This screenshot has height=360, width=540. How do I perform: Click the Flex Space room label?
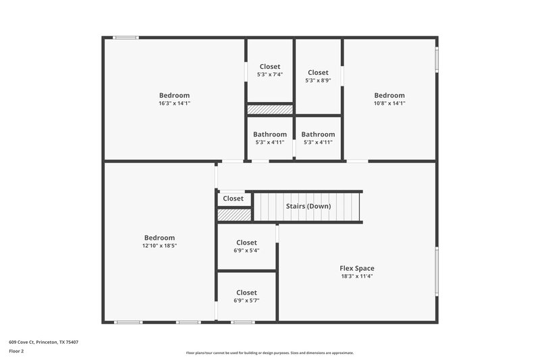[x=356, y=268]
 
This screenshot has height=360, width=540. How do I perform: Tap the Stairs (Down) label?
[x=308, y=206]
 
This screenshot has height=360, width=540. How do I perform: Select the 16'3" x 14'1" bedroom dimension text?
[x=174, y=104]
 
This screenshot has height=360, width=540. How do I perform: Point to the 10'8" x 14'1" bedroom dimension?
[x=389, y=104]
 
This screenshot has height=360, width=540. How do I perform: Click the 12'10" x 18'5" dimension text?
[x=159, y=247]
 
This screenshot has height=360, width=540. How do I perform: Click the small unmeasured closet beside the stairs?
[x=233, y=199]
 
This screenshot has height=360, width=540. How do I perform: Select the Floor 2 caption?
[x=16, y=352]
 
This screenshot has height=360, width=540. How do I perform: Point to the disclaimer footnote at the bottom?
[x=269, y=353]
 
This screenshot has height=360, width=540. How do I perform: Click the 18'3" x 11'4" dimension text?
[x=356, y=276]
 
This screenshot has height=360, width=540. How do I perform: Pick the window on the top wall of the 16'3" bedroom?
[x=126, y=38]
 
